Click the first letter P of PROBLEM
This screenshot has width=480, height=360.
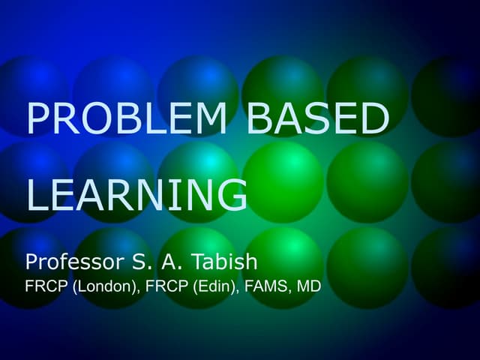(x=38, y=119)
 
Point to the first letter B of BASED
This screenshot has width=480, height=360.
(x=259, y=119)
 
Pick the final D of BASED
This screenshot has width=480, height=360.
(x=375, y=119)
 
